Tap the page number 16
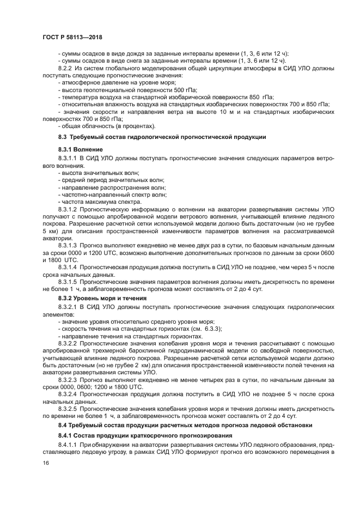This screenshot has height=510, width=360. (46, 463)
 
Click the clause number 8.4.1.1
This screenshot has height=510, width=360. (70, 445)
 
